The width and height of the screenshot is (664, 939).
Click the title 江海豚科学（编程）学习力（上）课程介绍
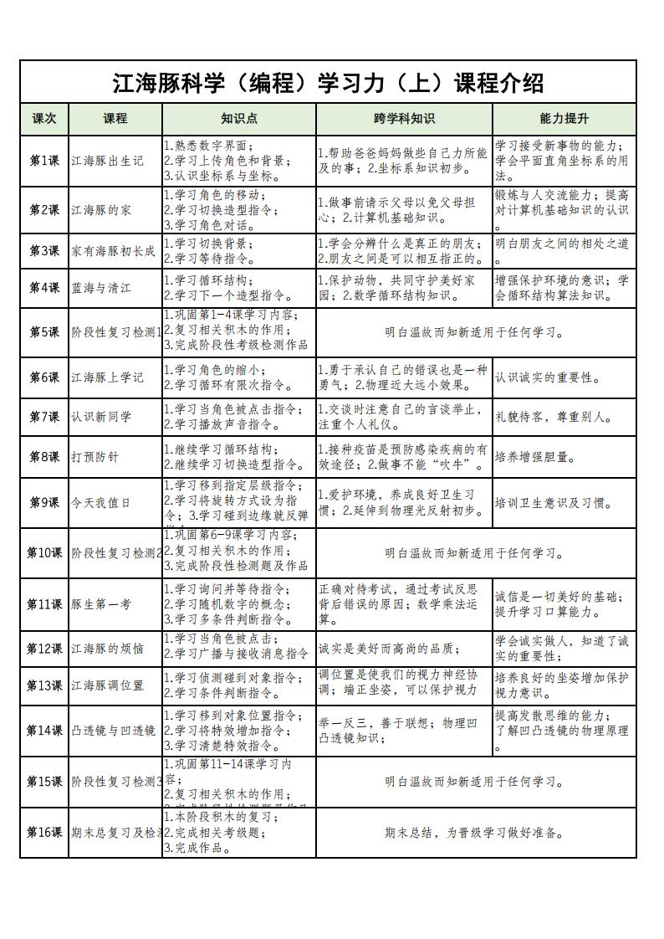tap(328, 83)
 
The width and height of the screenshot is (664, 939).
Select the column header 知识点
tap(238, 119)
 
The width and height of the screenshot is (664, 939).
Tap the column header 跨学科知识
tap(404, 119)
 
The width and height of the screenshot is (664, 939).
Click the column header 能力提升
tap(564, 119)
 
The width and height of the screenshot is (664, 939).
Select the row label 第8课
tap(44, 457)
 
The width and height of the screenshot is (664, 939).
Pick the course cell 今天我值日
tap(101, 503)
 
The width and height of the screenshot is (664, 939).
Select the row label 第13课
tap(44, 685)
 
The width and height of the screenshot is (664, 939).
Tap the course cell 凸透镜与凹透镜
tap(114, 731)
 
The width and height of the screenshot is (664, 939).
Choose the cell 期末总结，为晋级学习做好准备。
tap(475, 833)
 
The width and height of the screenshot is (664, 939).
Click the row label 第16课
tap(44, 833)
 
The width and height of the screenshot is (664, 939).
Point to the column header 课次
tap(44, 119)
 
